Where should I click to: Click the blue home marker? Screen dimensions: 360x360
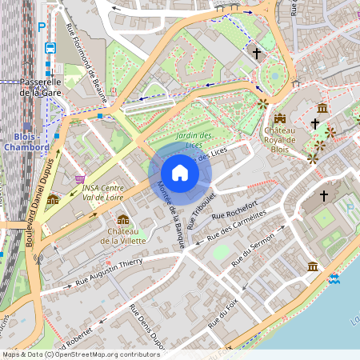click(x=180, y=173)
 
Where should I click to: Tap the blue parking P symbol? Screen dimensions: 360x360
click(x=42, y=26)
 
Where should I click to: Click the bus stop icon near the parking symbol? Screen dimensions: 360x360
click(x=50, y=48)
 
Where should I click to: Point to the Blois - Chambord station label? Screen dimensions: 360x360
click(x=27, y=141)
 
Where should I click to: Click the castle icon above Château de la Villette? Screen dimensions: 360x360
click(x=123, y=219)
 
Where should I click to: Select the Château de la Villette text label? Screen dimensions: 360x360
click(x=122, y=235)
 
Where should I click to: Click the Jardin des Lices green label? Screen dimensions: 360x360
click(x=194, y=140)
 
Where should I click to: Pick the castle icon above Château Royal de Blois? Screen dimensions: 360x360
click(x=280, y=118)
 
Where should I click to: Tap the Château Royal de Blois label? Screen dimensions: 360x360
click(x=280, y=139)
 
